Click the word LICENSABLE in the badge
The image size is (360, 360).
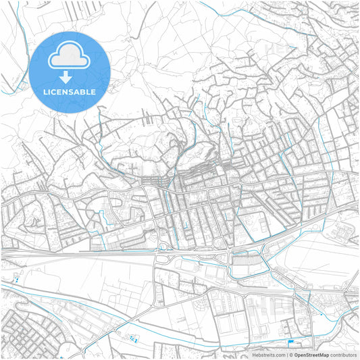[x=70, y=92]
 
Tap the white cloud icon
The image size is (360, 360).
[x=70, y=57]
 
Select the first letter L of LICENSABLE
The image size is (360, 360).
[x=45, y=92]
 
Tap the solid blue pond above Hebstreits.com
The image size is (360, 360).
[x=292, y=342]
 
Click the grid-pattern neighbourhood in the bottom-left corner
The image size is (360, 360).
[x=24, y=331]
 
